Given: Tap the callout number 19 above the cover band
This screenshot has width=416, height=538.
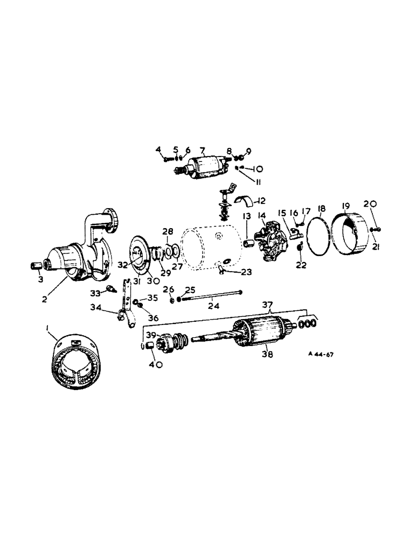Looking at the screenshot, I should [x=345, y=205].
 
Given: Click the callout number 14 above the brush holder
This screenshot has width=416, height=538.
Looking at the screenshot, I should [x=263, y=216].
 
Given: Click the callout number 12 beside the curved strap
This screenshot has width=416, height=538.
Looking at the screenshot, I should [x=262, y=201].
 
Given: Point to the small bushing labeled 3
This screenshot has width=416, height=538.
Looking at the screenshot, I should [x=35, y=266].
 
